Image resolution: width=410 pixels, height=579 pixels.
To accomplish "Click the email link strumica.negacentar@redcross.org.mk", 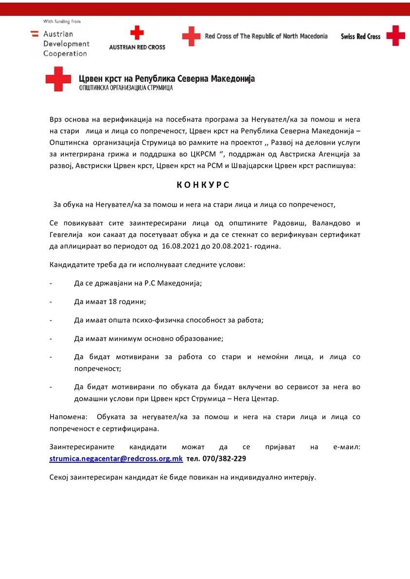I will [116, 459].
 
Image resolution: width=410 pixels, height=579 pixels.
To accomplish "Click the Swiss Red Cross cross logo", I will [395, 36].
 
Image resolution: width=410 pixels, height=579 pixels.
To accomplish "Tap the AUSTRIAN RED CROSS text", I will [137, 47].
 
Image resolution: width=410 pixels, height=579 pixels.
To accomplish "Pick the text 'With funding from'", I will [62, 22].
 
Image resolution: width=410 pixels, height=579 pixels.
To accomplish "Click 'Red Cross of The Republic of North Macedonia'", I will [266, 36].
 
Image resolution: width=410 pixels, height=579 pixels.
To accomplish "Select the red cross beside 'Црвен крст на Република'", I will [58, 79].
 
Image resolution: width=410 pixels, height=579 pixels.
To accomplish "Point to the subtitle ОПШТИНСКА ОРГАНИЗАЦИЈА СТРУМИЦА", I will [126, 88].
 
